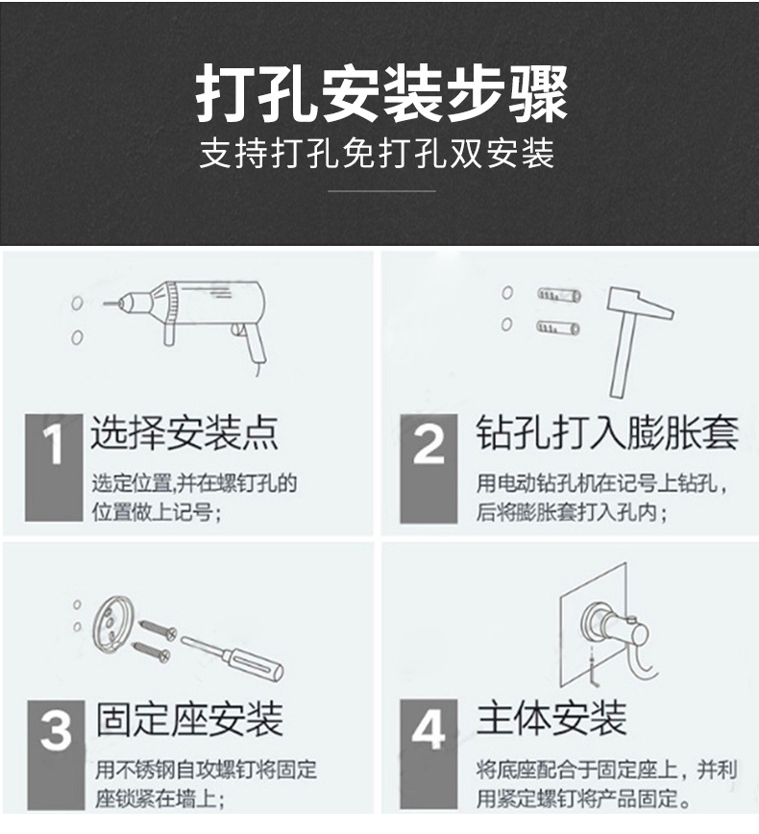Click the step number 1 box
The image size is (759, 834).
point(54,467)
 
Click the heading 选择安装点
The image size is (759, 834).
point(184,434)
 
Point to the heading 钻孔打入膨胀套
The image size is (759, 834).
point(606,434)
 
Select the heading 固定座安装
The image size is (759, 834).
point(189,719)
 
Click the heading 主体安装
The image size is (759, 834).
point(551,718)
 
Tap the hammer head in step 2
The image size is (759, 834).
point(639,307)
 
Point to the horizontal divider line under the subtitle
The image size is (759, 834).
point(381,191)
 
